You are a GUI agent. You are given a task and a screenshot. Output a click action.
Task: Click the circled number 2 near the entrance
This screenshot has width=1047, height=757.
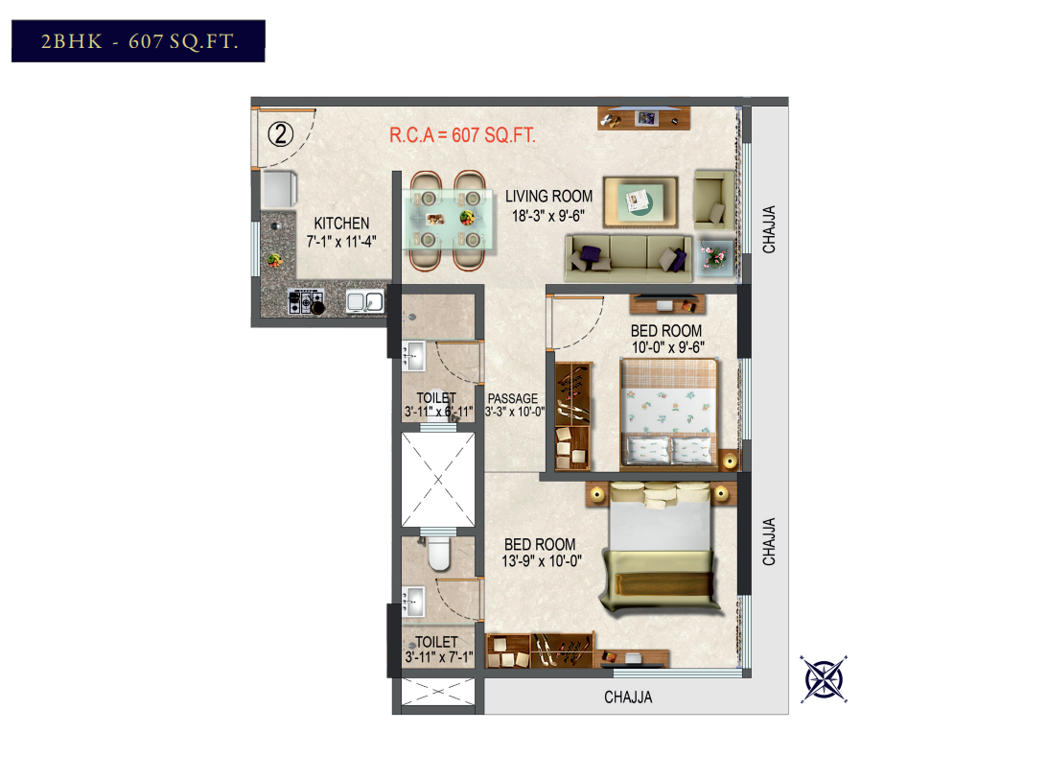point(280,134)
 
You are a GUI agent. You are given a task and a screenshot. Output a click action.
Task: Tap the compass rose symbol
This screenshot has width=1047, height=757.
point(824,679)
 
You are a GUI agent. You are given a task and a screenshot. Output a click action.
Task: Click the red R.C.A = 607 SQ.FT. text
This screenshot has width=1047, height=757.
point(462,135)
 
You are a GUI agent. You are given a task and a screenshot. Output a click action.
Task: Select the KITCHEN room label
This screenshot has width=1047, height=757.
point(341,224)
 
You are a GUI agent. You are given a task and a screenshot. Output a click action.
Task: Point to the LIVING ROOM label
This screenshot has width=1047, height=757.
point(548,197)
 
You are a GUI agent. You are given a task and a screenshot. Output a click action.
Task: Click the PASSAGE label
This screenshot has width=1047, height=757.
point(513,398)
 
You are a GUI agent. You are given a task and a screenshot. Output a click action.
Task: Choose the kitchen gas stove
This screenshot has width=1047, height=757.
point(306,301)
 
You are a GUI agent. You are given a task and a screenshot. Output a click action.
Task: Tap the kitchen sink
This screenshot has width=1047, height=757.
point(365,302)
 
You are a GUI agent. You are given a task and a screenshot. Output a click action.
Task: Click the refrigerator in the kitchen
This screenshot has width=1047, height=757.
point(279,190)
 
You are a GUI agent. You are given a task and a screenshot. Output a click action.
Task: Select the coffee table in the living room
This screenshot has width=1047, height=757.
point(640,201)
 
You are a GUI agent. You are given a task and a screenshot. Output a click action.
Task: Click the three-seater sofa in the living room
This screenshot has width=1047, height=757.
point(628,257)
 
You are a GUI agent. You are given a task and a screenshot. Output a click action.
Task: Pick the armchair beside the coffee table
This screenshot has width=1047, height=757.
point(713,200)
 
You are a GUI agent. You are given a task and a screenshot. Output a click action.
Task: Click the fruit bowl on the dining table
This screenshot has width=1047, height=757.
point(467,217)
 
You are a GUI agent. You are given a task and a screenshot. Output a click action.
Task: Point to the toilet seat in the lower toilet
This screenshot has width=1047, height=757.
point(439,553)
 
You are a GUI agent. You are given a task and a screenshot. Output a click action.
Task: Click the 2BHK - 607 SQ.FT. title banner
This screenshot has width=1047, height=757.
point(138,40)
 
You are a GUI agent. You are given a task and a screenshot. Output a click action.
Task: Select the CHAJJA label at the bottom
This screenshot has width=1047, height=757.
point(628,698)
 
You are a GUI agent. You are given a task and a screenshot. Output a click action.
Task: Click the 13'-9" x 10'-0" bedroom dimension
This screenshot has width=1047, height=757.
point(542,561)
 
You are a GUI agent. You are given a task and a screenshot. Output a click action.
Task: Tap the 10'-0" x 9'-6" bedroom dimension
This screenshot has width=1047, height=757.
point(667,347)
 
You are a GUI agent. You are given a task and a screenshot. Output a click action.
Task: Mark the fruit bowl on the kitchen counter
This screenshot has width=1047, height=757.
point(274,260)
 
